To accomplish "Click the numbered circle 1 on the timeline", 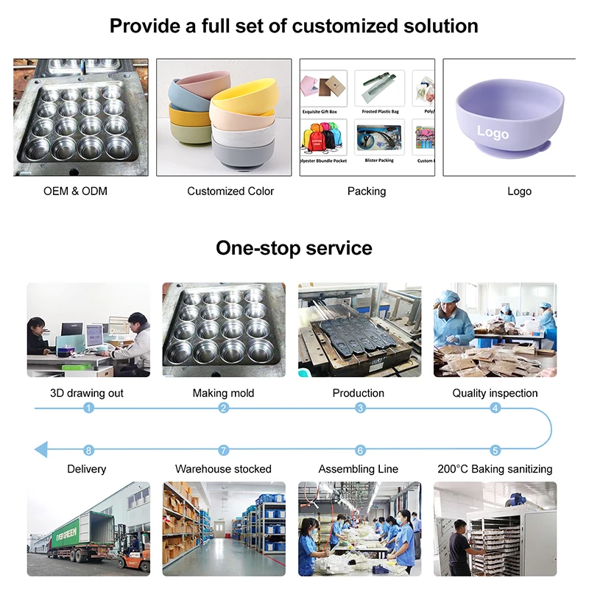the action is pyautogui.click(x=89, y=408).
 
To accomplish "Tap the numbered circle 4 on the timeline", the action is pyautogui.click(x=495, y=408).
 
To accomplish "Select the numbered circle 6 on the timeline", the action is pyautogui.click(x=360, y=450).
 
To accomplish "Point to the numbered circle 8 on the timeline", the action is pyautogui.click(x=89, y=450).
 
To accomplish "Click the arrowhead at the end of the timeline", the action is pyautogui.click(x=41, y=450).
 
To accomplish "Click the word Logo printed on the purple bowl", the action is pyautogui.click(x=493, y=133).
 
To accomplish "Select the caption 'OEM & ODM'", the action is pyautogui.click(x=75, y=191).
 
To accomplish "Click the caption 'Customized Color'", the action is pyautogui.click(x=230, y=191).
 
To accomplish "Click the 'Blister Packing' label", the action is pyautogui.click(x=380, y=160).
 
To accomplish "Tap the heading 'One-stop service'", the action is pyautogui.click(x=294, y=248).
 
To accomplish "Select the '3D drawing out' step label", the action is pyautogui.click(x=87, y=393).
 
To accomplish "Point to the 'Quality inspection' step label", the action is pyautogui.click(x=495, y=393).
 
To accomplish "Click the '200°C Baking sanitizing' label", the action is pyautogui.click(x=495, y=469).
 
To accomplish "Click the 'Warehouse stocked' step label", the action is pyautogui.click(x=223, y=469).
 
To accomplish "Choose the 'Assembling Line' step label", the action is pyautogui.click(x=359, y=469).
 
